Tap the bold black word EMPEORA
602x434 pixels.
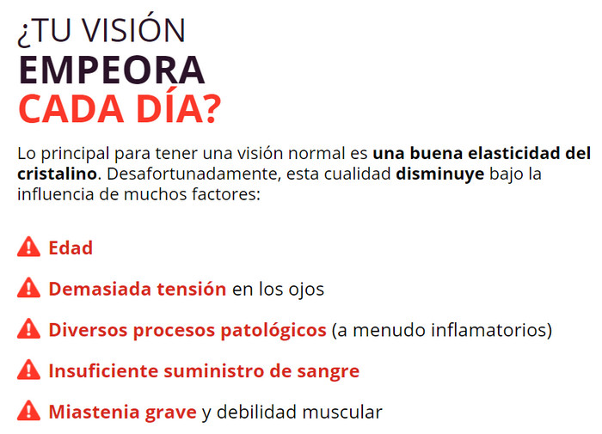(x=111, y=70)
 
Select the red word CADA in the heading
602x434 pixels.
(x=71, y=108)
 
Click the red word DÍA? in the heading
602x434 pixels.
(x=179, y=107)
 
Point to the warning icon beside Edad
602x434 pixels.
(x=28, y=247)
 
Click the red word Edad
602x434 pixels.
(x=71, y=248)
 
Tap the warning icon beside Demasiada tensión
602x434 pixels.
(x=28, y=287)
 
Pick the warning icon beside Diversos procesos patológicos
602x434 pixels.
(x=28, y=328)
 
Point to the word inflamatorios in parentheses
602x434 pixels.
(x=488, y=330)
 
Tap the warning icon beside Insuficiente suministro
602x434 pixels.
(x=28, y=370)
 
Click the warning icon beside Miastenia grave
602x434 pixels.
(x=28, y=411)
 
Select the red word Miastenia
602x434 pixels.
(x=94, y=412)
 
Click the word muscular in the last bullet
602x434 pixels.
(x=342, y=413)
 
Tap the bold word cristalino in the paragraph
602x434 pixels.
(x=57, y=174)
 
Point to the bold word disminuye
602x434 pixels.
(x=440, y=174)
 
